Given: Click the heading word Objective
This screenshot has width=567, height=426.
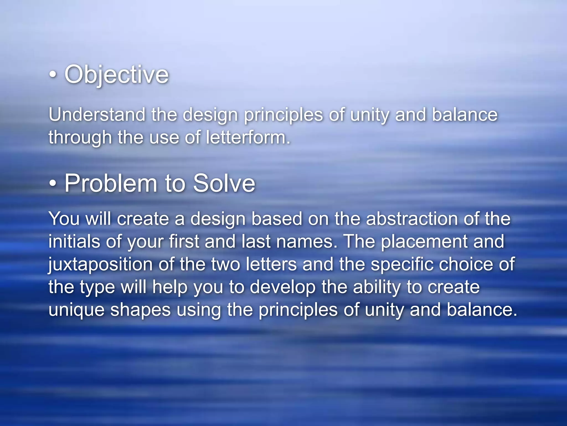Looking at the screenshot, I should pyautogui.click(x=117, y=74).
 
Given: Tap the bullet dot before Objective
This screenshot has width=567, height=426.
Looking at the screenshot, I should pyautogui.click(x=53, y=74).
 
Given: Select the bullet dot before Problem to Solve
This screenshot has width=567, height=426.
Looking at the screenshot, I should pyautogui.click(x=53, y=183).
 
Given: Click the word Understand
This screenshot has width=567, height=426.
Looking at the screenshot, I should pyautogui.click(x=97, y=115).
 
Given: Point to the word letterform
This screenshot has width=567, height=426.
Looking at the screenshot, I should pyautogui.click(x=248, y=137).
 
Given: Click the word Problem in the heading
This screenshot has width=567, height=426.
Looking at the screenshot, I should pyautogui.click(x=111, y=183).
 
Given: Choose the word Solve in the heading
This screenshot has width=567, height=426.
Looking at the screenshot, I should pyautogui.click(x=224, y=183).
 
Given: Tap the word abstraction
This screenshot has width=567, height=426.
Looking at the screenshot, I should pyautogui.click(x=412, y=219).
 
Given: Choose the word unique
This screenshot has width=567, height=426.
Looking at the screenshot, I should pyautogui.click(x=76, y=310).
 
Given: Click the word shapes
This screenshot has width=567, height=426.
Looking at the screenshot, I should pyautogui.click(x=141, y=310).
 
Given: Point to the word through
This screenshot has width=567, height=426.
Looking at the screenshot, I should pyautogui.click(x=80, y=138).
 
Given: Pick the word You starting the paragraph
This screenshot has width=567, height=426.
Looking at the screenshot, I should pyautogui.click(x=64, y=219).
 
